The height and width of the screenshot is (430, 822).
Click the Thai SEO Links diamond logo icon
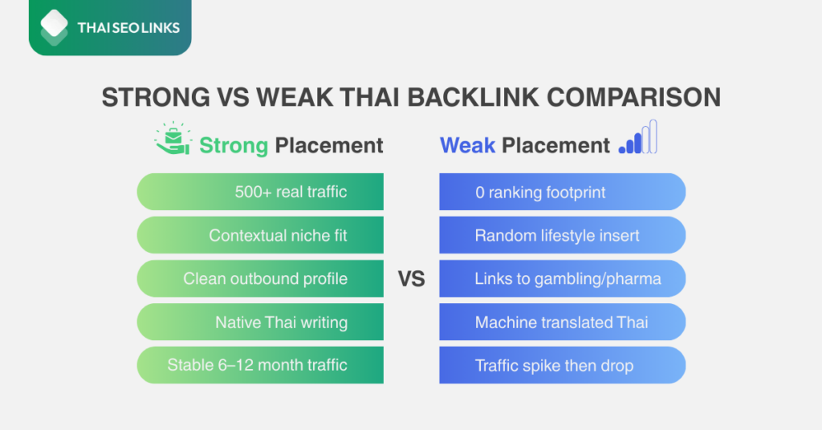click(x=55, y=27)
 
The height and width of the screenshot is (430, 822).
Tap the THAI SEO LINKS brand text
click(x=128, y=28)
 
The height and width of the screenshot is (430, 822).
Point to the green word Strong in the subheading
click(x=233, y=145)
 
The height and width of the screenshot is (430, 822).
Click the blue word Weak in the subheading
click(x=467, y=145)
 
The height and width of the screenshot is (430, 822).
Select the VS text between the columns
click(x=411, y=279)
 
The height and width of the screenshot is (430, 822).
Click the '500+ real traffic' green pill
click(x=260, y=193)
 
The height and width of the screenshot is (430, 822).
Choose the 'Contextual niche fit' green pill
click(x=260, y=236)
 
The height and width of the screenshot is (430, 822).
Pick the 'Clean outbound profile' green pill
click(x=260, y=279)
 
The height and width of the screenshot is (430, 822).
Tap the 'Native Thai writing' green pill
click(x=260, y=322)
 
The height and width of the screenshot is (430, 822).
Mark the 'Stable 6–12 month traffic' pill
click(x=260, y=365)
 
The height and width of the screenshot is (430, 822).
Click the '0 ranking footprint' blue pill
click(x=562, y=193)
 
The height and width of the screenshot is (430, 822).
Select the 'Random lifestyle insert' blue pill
click(x=562, y=236)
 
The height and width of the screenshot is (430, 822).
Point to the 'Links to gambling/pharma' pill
click(x=562, y=279)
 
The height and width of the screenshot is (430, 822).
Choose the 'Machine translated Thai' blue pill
click(x=562, y=322)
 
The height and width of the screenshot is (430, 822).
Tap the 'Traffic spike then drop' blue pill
click(x=562, y=365)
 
